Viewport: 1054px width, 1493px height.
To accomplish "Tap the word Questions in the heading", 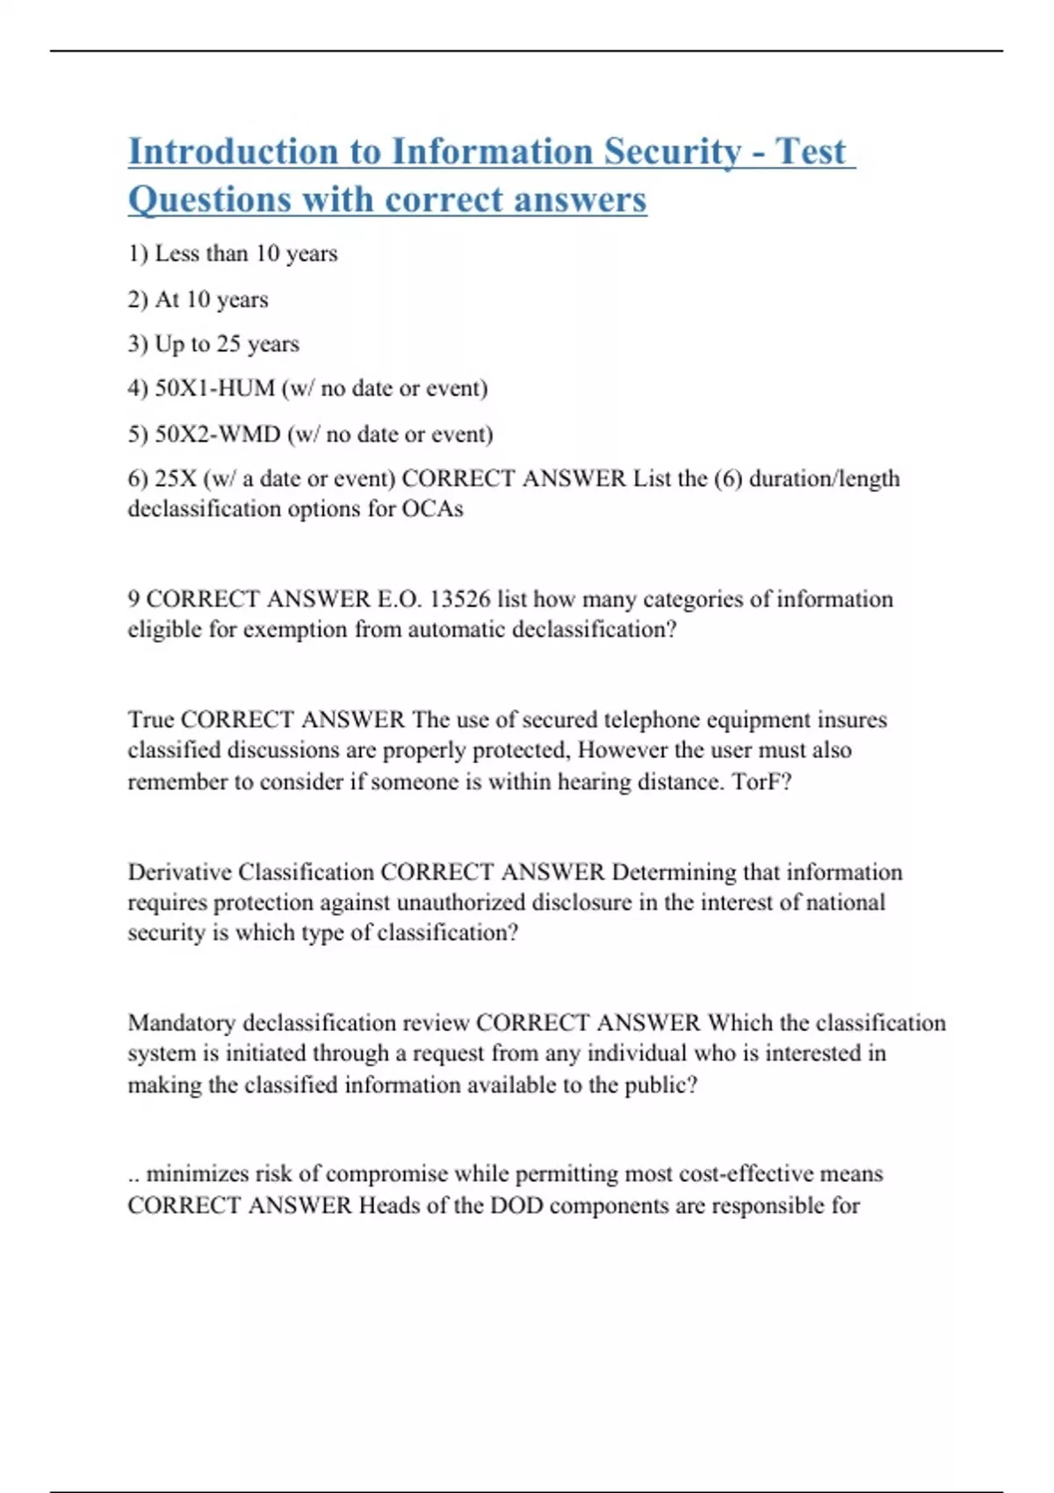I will [209, 200].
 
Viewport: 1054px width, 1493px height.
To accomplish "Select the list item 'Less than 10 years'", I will [233, 254].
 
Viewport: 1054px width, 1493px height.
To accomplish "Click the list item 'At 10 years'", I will [199, 299].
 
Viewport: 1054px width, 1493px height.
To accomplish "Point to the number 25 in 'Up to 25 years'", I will [227, 343].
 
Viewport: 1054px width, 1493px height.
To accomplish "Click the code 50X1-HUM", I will [214, 388].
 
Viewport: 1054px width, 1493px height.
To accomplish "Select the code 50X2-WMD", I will [217, 434].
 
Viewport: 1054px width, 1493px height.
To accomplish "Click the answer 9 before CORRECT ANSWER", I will [134, 599].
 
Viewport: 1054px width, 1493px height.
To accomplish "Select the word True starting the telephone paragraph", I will [151, 720].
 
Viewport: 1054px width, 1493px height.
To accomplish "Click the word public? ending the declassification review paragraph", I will [661, 1085].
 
